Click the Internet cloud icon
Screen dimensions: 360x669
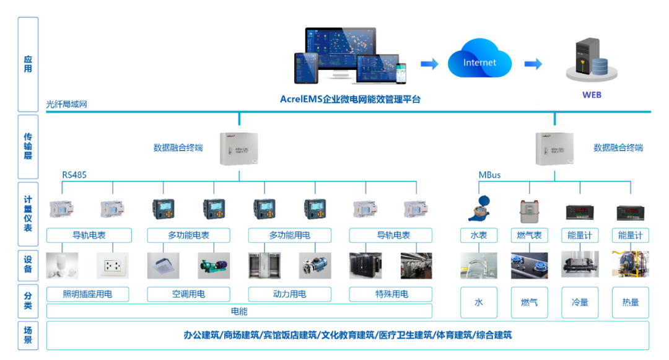(x=479, y=62)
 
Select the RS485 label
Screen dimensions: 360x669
(x=74, y=175)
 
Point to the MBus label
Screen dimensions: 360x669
(x=489, y=175)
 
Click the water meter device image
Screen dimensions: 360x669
(x=479, y=209)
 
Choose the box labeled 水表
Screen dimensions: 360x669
(x=479, y=235)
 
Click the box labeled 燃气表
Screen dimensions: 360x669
(x=530, y=235)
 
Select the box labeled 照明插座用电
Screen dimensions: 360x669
(x=87, y=294)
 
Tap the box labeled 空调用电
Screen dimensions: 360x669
(x=188, y=294)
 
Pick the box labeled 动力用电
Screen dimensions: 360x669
(x=289, y=294)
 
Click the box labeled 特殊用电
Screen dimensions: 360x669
(x=391, y=294)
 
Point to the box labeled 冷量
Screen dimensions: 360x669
(x=580, y=302)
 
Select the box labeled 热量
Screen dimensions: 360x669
(x=630, y=302)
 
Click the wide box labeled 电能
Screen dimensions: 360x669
(x=239, y=310)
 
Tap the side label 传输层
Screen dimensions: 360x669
(x=28, y=146)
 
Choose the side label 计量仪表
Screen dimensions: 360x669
(x=28, y=214)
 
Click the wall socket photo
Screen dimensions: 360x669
(x=113, y=265)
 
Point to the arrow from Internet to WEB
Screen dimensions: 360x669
(x=533, y=64)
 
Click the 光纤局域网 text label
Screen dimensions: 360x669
(x=67, y=104)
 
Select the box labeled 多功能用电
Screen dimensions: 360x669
(x=289, y=235)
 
